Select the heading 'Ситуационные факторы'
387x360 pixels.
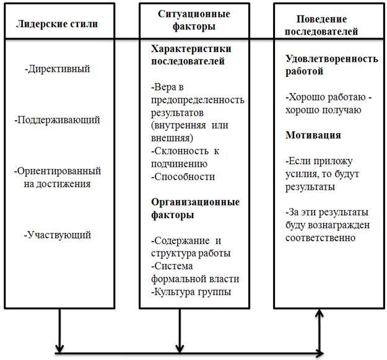(x=194, y=20)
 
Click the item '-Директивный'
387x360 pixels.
(x=57, y=69)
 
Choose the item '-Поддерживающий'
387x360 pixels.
(x=57, y=120)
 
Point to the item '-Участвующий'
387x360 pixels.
(x=58, y=235)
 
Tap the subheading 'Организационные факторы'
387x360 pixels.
(x=195, y=208)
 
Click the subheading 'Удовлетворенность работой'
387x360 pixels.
(x=331, y=65)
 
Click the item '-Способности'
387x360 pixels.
(x=182, y=177)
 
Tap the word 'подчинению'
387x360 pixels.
(x=178, y=164)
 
